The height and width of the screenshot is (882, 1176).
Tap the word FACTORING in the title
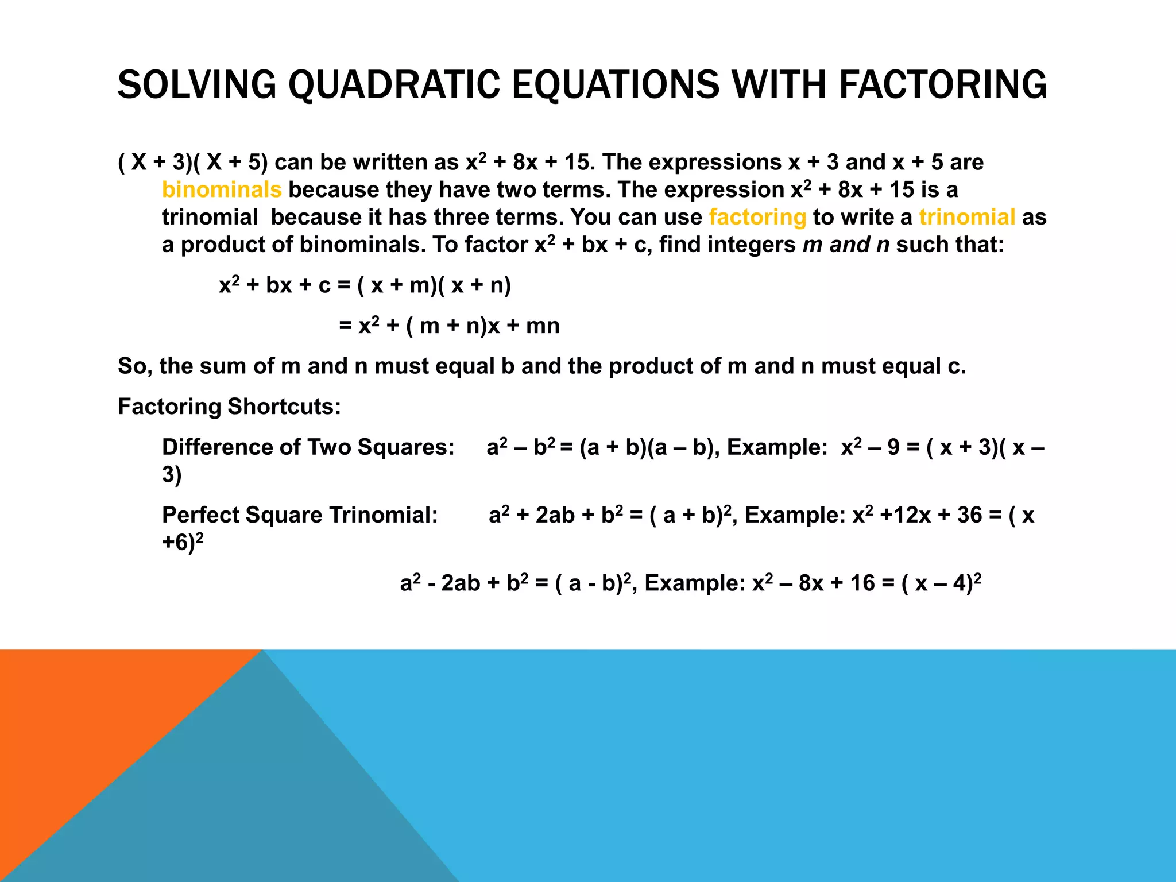coord(943,85)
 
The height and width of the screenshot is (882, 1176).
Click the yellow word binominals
coord(222,189)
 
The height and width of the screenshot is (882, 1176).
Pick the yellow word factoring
coord(757,217)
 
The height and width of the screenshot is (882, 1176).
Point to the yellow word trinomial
coord(967,217)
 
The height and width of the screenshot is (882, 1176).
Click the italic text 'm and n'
coord(846,245)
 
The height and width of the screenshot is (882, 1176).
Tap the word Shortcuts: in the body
coord(284,407)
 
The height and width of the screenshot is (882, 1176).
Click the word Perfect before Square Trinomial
coord(200,514)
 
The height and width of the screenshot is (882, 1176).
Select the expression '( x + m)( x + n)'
coord(434,285)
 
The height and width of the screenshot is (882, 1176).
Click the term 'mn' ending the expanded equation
coord(543,326)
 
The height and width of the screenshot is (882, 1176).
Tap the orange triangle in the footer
coord(86,718)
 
